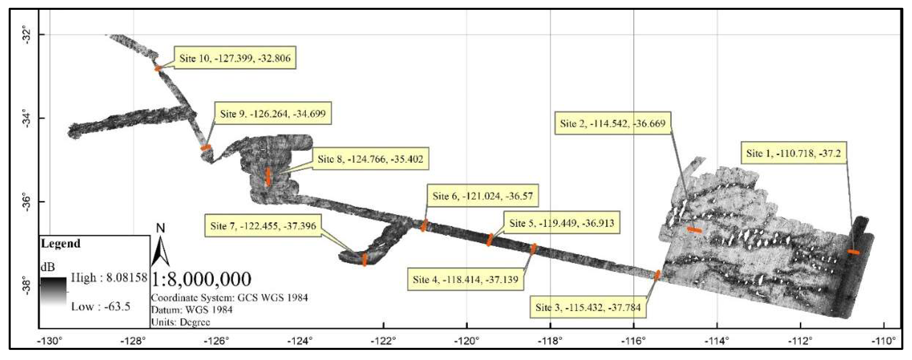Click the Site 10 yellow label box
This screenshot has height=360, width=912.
point(235,58)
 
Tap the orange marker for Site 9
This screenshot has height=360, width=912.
point(206,147)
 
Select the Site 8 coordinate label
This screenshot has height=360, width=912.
point(370,159)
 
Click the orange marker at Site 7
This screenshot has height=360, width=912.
point(364,259)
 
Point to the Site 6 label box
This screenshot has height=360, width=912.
point(482,196)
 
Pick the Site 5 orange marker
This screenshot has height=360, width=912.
point(490,240)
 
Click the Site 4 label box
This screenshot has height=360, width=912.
point(465,279)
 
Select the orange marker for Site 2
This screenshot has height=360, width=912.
point(694,230)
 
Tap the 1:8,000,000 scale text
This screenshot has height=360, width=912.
point(201,279)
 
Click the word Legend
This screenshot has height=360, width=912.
point(60,243)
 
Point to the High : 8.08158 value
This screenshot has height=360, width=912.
point(109,278)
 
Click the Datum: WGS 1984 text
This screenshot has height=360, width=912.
point(192,310)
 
